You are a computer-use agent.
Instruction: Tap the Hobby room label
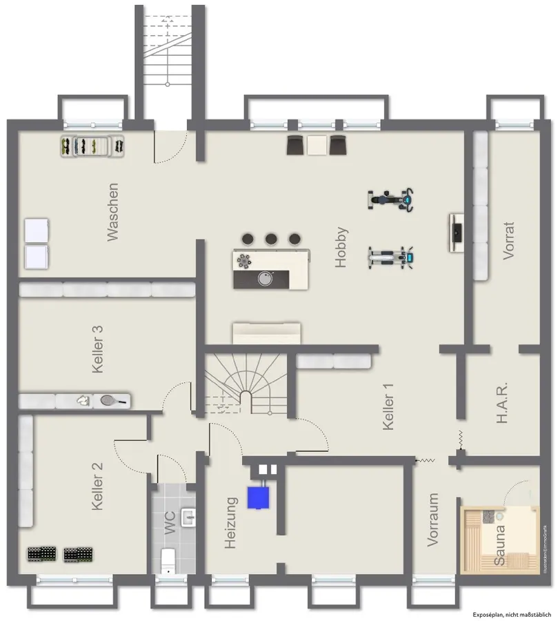(x=342, y=247)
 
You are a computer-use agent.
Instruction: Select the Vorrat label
(x=509, y=240)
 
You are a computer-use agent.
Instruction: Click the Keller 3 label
(x=99, y=350)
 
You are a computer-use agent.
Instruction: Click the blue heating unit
(x=259, y=497)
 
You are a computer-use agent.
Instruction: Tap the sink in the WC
(x=188, y=516)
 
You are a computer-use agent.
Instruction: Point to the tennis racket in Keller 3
(x=112, y=400)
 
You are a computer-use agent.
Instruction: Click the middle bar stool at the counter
(x=271, y=239)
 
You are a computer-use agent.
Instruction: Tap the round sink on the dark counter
(x=264, y=278)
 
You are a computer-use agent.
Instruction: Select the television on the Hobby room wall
(x=457, y=233)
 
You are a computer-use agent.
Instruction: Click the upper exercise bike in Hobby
(x=390, y=199)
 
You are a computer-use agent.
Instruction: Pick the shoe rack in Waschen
(x=92, y=146)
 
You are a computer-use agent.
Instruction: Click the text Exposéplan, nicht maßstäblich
(x=512, y=614)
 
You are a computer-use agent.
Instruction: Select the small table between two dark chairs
(x=317, y=145)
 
